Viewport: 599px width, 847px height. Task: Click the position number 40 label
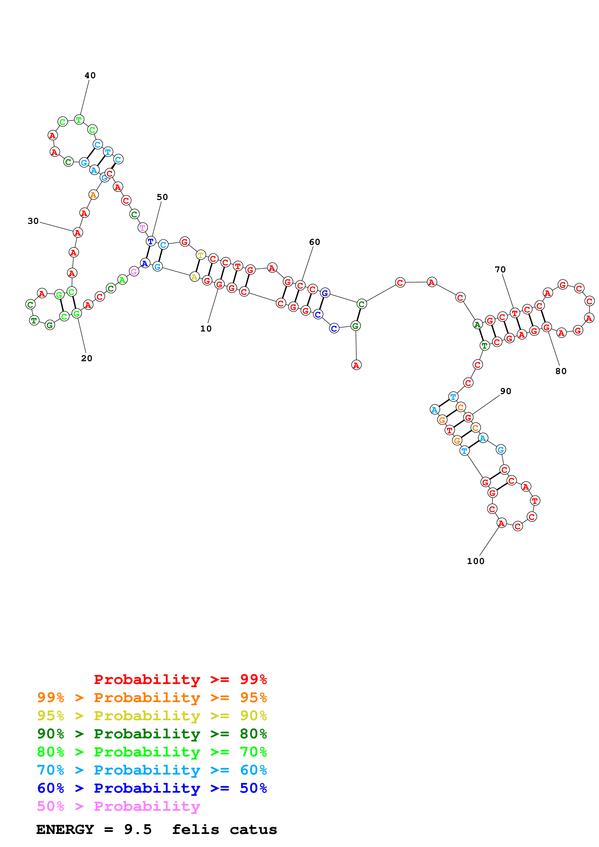point(90,75)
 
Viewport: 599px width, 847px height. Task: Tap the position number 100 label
point(475,561)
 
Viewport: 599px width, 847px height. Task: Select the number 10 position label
point(206,328)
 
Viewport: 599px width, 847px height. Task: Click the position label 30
point(33,221)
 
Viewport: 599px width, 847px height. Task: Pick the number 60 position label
point(314,242)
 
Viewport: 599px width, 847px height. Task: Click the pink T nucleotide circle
point(143,228)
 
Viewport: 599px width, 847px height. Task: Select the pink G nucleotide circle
point(134,272)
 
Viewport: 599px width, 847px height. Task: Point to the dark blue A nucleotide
point(145,263)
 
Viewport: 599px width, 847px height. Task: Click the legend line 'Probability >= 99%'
point(180,679)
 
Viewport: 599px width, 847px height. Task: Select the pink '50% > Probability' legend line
point(118,806)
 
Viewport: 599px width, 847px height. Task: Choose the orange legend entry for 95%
point(152,697)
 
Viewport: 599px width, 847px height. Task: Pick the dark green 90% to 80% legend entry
point(152,733)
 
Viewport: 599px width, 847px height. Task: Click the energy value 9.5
point(138,829)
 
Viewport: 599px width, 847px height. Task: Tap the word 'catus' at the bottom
point(253,829)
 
